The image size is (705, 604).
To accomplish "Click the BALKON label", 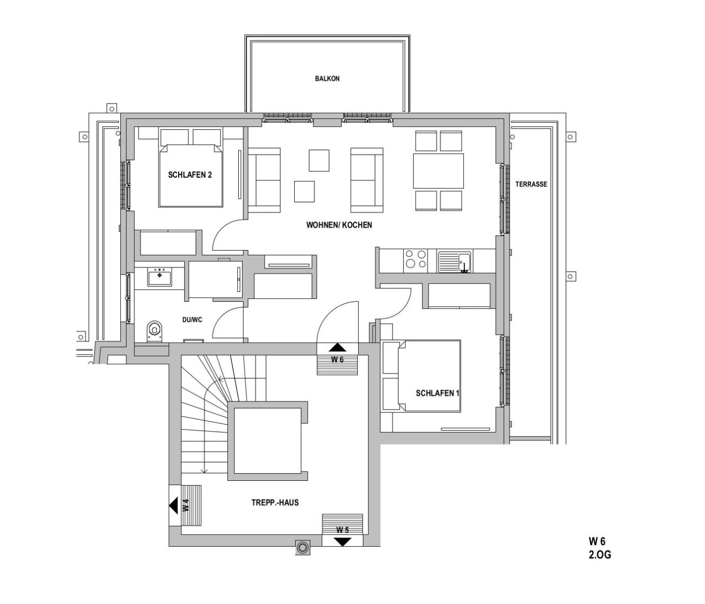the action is (327, 79).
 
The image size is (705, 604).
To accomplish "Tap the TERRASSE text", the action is (531, 184).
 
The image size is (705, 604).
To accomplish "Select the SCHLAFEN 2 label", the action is (190, 175).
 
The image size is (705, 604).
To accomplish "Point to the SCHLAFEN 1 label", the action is (437, 393).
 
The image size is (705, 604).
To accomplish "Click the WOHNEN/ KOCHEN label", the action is (339, 225).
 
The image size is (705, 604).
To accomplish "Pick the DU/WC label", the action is (192, 320).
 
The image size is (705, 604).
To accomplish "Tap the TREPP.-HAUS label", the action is (275, 502).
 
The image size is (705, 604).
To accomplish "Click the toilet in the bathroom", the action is (154, 331).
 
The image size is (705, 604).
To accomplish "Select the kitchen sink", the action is (454, 262).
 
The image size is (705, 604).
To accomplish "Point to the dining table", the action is (438, 171).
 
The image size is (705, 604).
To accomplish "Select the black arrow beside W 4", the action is (173, 505).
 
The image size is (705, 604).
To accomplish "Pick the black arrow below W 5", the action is (343, 541).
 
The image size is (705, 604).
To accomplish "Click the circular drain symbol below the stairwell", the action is (302, 557).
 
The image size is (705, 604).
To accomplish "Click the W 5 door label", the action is (343, 530).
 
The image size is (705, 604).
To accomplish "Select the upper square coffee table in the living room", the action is (319, 160).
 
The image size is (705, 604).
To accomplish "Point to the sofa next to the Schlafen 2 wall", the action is (264, 181).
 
